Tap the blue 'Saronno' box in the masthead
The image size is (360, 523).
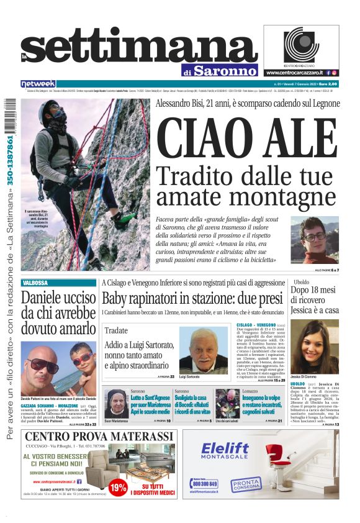coord(223,70)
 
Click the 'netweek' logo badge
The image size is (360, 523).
coord(38,84)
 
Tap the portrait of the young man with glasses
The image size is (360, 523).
coord(314,240)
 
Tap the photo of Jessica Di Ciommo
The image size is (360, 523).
coord(313,348)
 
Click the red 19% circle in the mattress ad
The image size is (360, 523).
coord(117,488)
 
